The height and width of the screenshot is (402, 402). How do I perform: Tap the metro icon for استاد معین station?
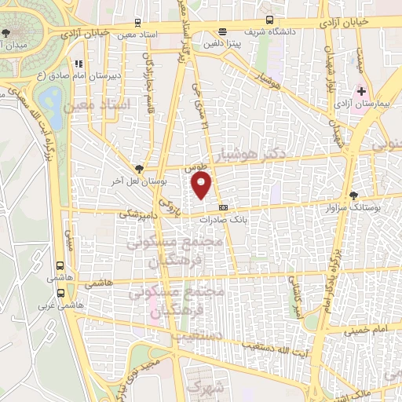tap(138, 24)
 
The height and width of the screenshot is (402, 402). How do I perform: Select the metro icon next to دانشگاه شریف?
tap(270, 20)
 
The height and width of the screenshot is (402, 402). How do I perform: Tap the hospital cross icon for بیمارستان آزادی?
tap(361, 92)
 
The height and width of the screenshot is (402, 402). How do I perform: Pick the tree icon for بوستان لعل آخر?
tap(139, 168)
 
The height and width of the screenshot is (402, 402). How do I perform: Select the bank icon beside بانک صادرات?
tap(223, 208)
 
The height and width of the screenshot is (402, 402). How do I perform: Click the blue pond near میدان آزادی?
tap(52, 99)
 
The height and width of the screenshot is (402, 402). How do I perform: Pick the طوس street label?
tap(194, 168)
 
